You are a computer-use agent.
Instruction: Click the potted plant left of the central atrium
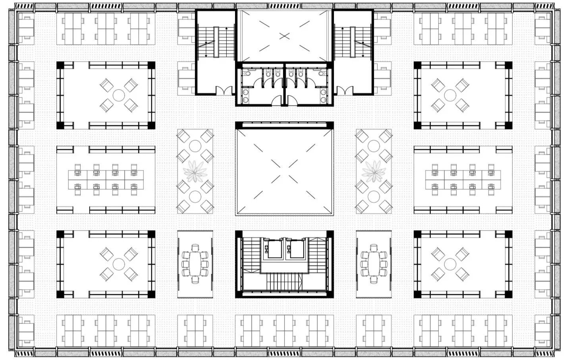(195, 171)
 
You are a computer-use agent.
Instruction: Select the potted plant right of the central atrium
(374, 171)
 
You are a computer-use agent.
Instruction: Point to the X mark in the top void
(284, 36)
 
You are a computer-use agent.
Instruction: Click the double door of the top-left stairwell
(223, 91)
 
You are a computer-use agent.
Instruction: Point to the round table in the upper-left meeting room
(119, 95)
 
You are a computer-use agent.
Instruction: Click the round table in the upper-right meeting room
(450, 95)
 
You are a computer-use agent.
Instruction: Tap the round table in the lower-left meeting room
(119, 263)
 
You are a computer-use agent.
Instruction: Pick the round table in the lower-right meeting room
(450, 263)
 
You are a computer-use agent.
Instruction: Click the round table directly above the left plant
(195, 145)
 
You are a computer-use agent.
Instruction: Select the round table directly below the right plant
(374, 196)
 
